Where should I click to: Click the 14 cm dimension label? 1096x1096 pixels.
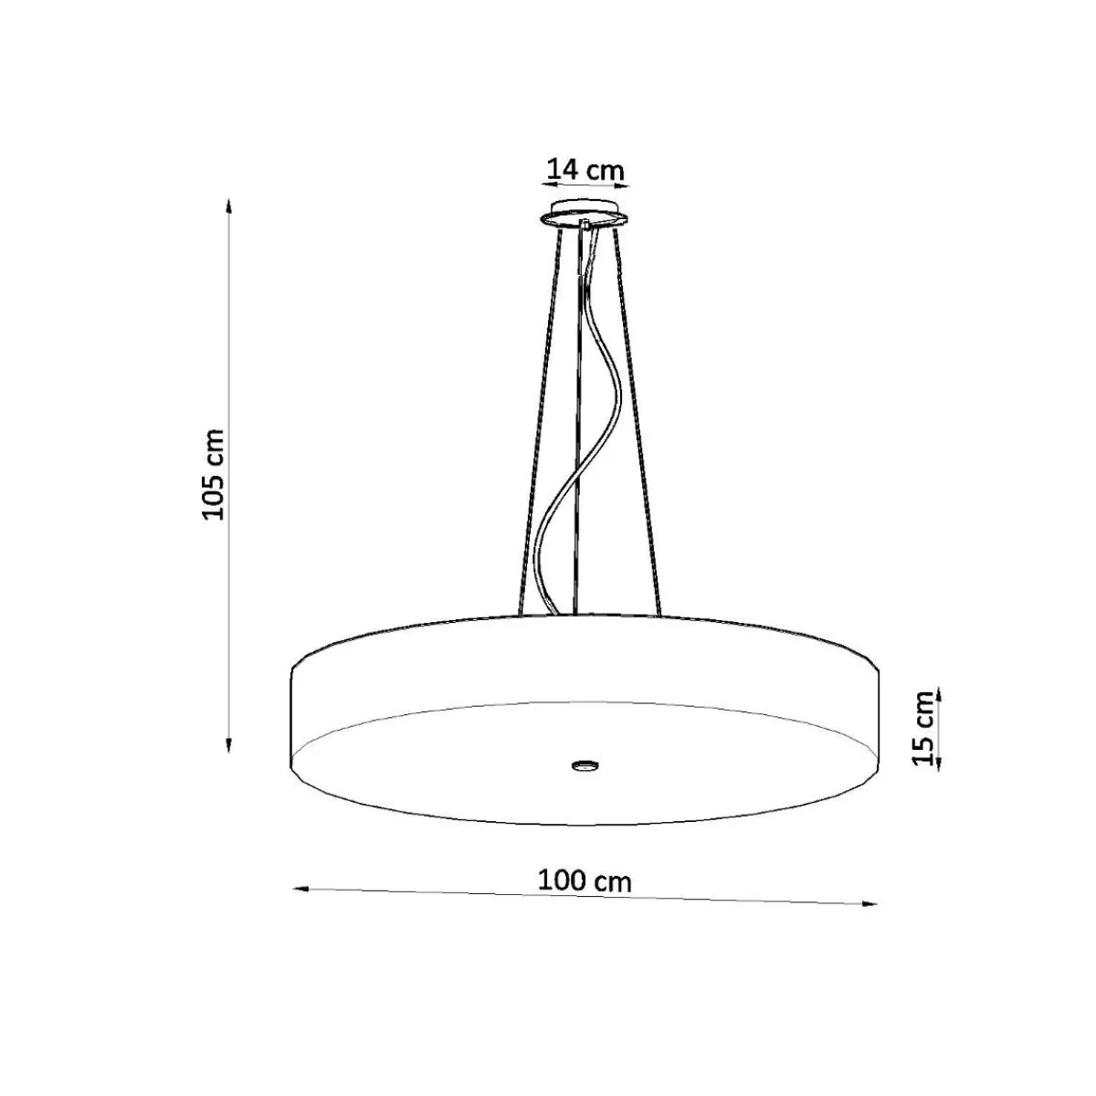[x=585, y=170]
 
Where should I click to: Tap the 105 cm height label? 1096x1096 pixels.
[x=215, y=475]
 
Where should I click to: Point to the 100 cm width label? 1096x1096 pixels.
[x=585, y=881]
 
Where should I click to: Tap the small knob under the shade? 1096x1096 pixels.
[x=585, y=765]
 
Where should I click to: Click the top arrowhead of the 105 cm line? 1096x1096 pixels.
[x=228, y=205]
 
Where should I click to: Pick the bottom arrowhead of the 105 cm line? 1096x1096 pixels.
[x=228, y=744]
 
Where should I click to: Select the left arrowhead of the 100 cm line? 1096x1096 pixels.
[x=300, y=889]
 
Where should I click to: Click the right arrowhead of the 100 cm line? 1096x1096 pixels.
[x=869, y=903]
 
